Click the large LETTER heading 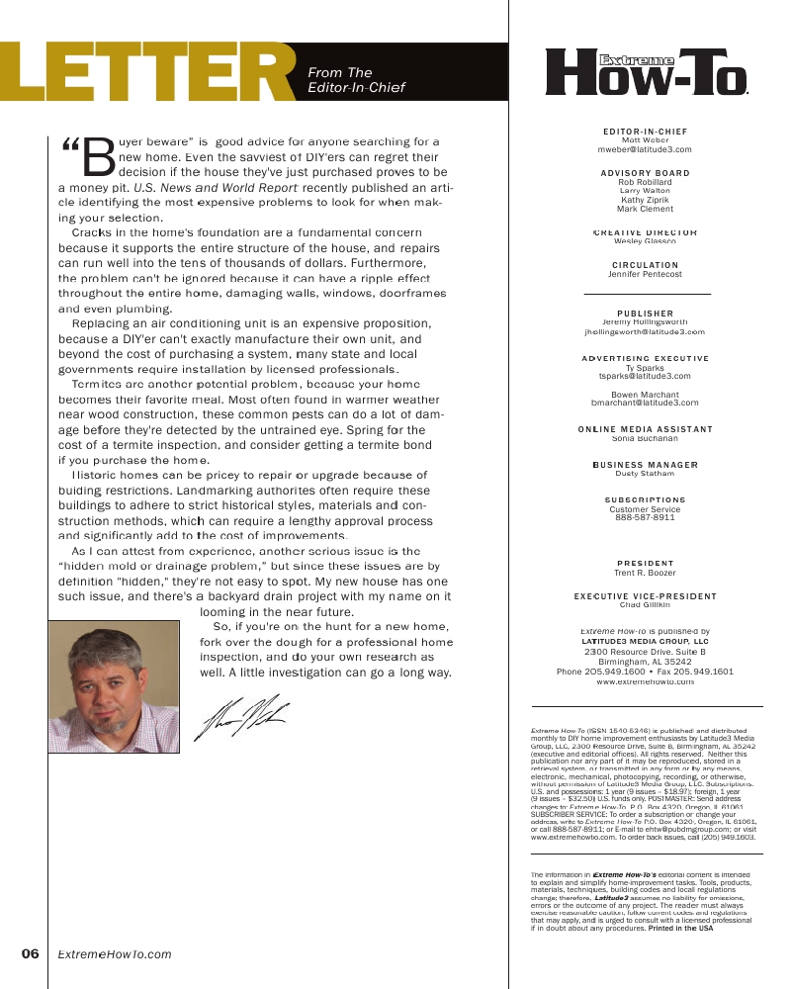pos(148,74)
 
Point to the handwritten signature pos(241,716)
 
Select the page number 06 pos(30,954)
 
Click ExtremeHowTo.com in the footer pos(114,954)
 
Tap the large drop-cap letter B pos(99,156)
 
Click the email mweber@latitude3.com pos(645,149)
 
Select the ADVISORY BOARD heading pos(645,173)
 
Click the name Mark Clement pos(645,210)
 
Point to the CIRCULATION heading pos(645,265)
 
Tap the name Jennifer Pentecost pos(645,274)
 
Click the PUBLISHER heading pos(645,314)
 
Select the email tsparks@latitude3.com pos(645,377)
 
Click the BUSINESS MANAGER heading pos(645,465)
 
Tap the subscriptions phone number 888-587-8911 pos(645,517)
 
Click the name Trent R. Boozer pos(645,573)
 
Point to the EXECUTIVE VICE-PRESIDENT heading pos(645,596)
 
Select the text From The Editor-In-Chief pos(356,80)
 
